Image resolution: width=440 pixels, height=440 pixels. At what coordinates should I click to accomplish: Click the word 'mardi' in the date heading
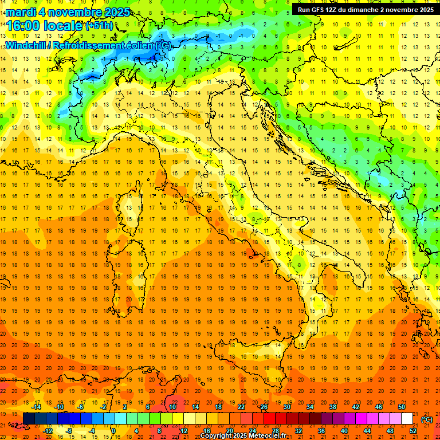(x=20, y=12)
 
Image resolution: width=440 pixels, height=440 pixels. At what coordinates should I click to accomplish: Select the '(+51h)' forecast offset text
(x=99, y=25)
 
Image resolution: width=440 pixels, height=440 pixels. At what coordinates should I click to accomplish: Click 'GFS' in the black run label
(x=318, y=9)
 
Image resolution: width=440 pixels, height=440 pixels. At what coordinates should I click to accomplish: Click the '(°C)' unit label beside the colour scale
(x=426, y=419)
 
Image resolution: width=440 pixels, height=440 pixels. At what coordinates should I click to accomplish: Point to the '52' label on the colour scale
(x=412, y=430)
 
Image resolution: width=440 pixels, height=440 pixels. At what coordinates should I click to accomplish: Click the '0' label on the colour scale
(x=113, y=430)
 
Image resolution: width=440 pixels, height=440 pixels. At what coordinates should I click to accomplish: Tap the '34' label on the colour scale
(x=309, y=407)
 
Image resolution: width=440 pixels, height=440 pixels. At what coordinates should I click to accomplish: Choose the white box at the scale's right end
(x=407, y=419)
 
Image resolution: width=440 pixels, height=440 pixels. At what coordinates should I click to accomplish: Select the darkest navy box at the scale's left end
(x=29, y=419)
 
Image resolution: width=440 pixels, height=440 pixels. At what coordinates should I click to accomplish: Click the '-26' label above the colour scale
(x=263, y=407)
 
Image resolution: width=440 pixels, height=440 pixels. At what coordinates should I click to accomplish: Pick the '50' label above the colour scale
(x=401, y=407)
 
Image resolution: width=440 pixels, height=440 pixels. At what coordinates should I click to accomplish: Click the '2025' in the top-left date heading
(x=116, y=12)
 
